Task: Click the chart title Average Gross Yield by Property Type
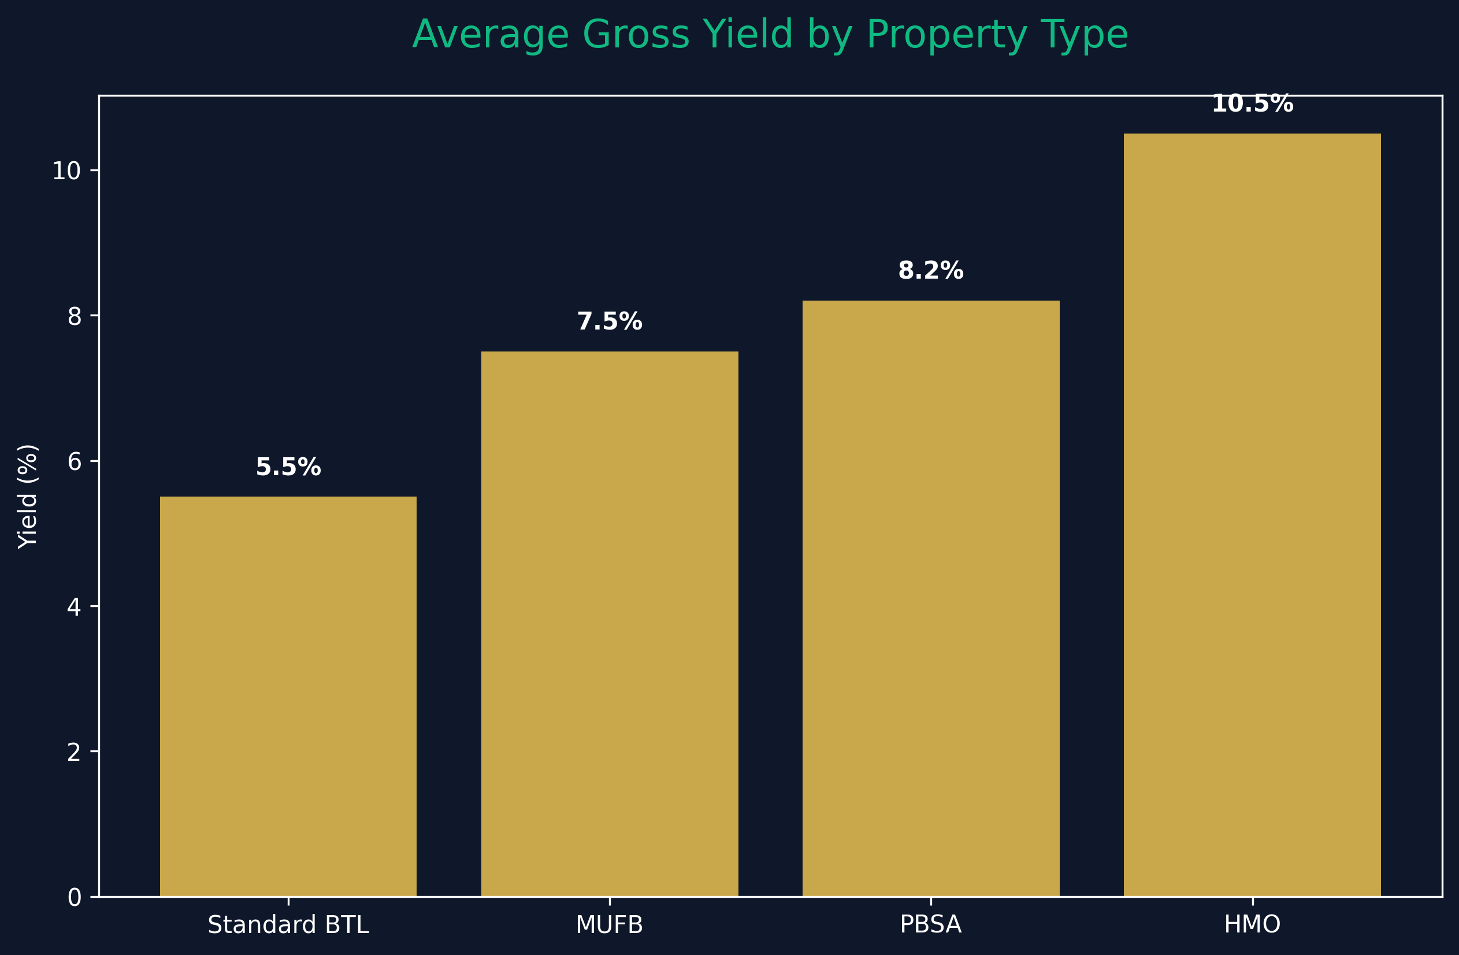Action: click(770, 35)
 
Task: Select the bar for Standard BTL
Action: click(288, 697)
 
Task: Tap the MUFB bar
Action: click(610, 624)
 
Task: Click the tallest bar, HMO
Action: click(1252, 515)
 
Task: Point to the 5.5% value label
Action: click(288, 467)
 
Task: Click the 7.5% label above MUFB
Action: click(610, 322)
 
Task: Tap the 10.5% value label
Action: click(1252, 104)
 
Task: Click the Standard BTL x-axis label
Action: click(288, 925)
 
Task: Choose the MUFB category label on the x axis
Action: click(610, 925)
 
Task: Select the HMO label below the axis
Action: click(1252, 925)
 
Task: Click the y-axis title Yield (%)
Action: click(28, 496)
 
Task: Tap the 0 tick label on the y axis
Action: click(74, 898)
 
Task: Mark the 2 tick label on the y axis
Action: click(74, 753)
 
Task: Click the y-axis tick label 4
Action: click(74, 607)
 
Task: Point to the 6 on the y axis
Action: click(74, 462)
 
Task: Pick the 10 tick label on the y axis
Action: click(67, 172)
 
